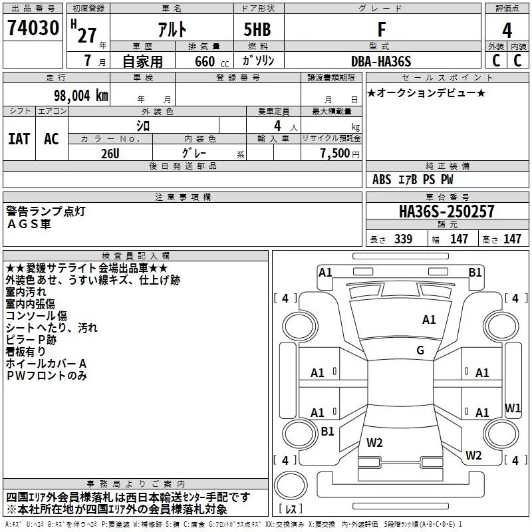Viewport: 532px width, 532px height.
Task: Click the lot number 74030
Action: click(x=33, y=28)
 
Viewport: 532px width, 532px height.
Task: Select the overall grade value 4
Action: click(x=507, y=30)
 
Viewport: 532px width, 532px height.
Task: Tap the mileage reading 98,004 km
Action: click(x=81, y=96)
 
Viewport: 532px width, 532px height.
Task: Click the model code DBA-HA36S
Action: click(x=381, y=61)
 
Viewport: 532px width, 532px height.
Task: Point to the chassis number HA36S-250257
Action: click(x=446, y=211)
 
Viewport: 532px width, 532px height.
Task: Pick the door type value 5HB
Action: click(x=257, y=29)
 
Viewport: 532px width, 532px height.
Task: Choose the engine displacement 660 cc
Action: click(x=211, y=62)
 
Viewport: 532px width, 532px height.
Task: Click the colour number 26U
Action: click(x=110, y=154)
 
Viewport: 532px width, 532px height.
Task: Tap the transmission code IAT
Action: click(x=19, y=139)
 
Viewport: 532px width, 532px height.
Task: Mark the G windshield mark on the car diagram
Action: click(x=420, y=350)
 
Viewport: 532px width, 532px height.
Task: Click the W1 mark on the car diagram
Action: click(x=512, y=408)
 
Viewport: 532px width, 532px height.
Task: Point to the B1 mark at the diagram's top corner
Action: click(x=475, y=273)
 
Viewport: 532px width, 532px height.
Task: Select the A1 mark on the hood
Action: click(x=429, y=320)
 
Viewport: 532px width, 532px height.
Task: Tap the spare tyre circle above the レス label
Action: click(x=291, y=485)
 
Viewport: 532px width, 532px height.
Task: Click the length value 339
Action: click(x=403, y=239)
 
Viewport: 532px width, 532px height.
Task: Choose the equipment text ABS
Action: click(x=382, y=180)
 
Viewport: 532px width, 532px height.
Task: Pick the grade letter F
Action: click(x=382, y=29)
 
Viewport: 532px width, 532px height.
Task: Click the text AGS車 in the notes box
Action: click(x=29, y=224)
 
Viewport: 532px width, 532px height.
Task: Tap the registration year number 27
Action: click(x=87, y=35)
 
